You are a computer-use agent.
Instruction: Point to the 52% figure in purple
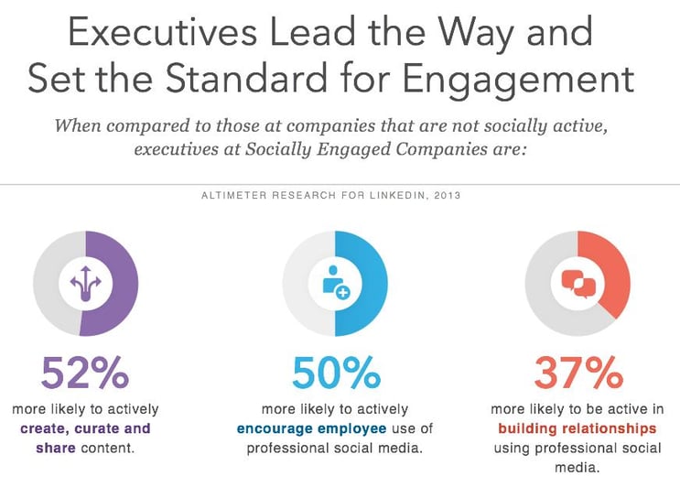pyautogui.click(x=84, y=373)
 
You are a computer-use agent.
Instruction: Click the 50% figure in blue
pyautogui.click(x=335, y=373)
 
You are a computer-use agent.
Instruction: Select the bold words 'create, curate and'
pyautogui.click(x=84, y=428)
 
